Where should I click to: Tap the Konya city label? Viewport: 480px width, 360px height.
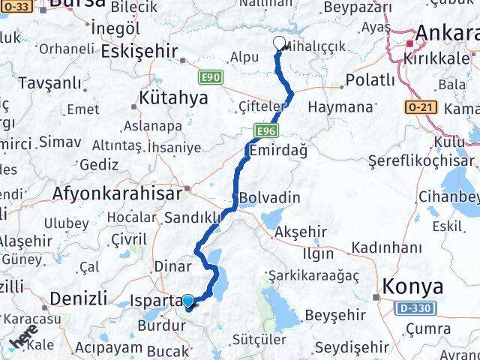coord(412,286)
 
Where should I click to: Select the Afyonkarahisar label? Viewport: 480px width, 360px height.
coord(118,193)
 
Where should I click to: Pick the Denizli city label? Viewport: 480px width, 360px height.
coord(78,298)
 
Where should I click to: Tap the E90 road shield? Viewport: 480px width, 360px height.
coord(211,76)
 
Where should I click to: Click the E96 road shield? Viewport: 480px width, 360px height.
coord(264,131)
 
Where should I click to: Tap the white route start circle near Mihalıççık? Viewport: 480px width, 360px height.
coord(280,43)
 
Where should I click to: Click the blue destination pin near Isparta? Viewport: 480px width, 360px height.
coord(187,301)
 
